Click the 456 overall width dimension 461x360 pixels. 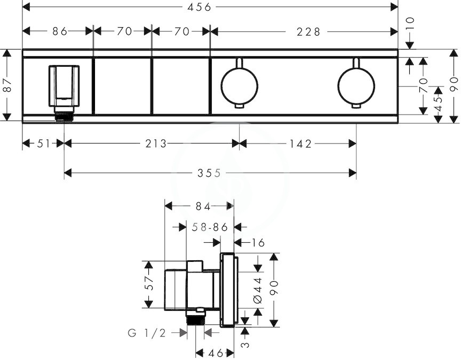point(200,7)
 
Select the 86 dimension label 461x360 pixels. point(60,31)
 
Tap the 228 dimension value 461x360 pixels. point(308,31)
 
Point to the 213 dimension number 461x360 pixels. point(156,143)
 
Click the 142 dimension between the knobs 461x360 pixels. point(300,143)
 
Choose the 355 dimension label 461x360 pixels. point(209,173)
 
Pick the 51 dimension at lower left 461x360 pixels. point(44,143)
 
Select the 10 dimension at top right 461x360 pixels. point(410,23)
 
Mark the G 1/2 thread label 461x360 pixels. point(147,333)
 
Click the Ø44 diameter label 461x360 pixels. point(258,290)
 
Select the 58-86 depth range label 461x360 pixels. point(210,227)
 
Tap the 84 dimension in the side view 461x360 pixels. point(203,206)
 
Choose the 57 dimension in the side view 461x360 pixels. point(149,283)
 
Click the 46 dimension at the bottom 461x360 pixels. point(216,353)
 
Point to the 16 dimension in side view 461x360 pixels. point(258,243)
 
